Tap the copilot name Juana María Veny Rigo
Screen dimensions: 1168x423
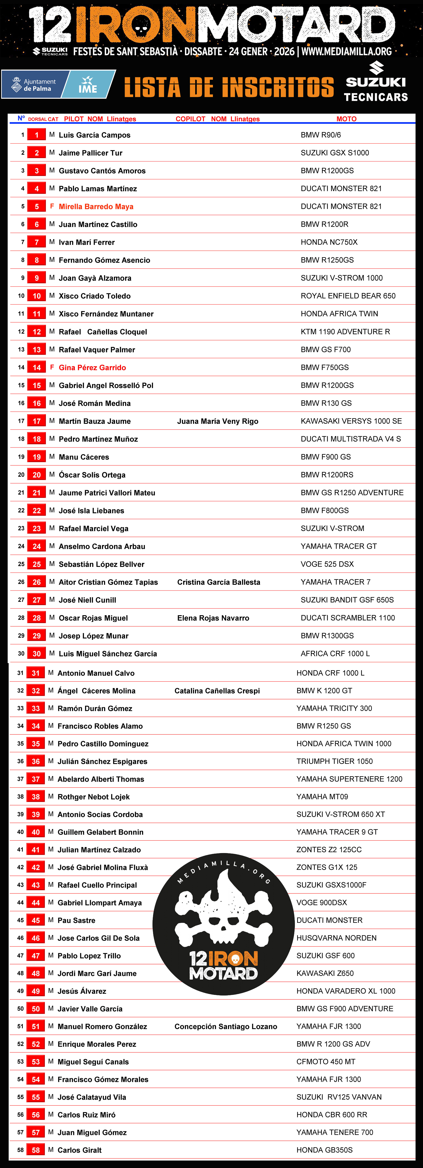tap(218, 421)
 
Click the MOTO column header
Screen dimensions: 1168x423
tap(346, 119)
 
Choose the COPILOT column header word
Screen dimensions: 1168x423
tap(190, 119)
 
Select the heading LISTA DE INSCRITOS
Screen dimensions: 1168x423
tap(229, 87)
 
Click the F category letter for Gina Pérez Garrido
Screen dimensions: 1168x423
tap(52, 367)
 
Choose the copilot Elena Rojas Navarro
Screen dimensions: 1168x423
tap(213, 618)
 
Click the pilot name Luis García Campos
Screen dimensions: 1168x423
tap(94, 135)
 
